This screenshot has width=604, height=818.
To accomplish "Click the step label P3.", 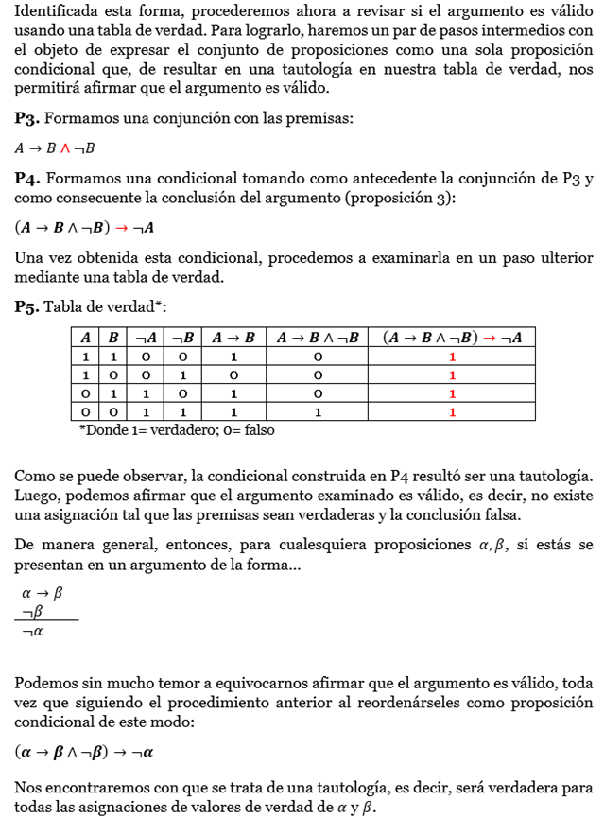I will (26, 119).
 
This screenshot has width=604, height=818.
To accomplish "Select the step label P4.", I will (26, 180).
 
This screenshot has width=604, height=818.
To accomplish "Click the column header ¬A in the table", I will (147, 338).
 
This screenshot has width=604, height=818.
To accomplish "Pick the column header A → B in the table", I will (233, 338).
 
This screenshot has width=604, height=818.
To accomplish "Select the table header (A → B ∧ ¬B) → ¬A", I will (452, 338).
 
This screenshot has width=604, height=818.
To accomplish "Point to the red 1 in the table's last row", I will (452, 411).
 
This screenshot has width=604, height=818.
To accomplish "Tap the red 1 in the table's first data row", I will (452, 357).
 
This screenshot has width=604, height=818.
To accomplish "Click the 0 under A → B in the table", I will (233, 375).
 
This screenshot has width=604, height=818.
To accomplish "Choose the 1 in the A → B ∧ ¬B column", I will (318, 411).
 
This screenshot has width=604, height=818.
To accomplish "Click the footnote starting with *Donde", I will (177, 430).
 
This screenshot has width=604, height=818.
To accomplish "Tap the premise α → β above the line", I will (42, 593).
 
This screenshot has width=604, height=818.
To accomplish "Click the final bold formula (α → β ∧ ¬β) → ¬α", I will (84, 753).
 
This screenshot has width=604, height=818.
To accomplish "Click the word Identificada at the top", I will (53, 13).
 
